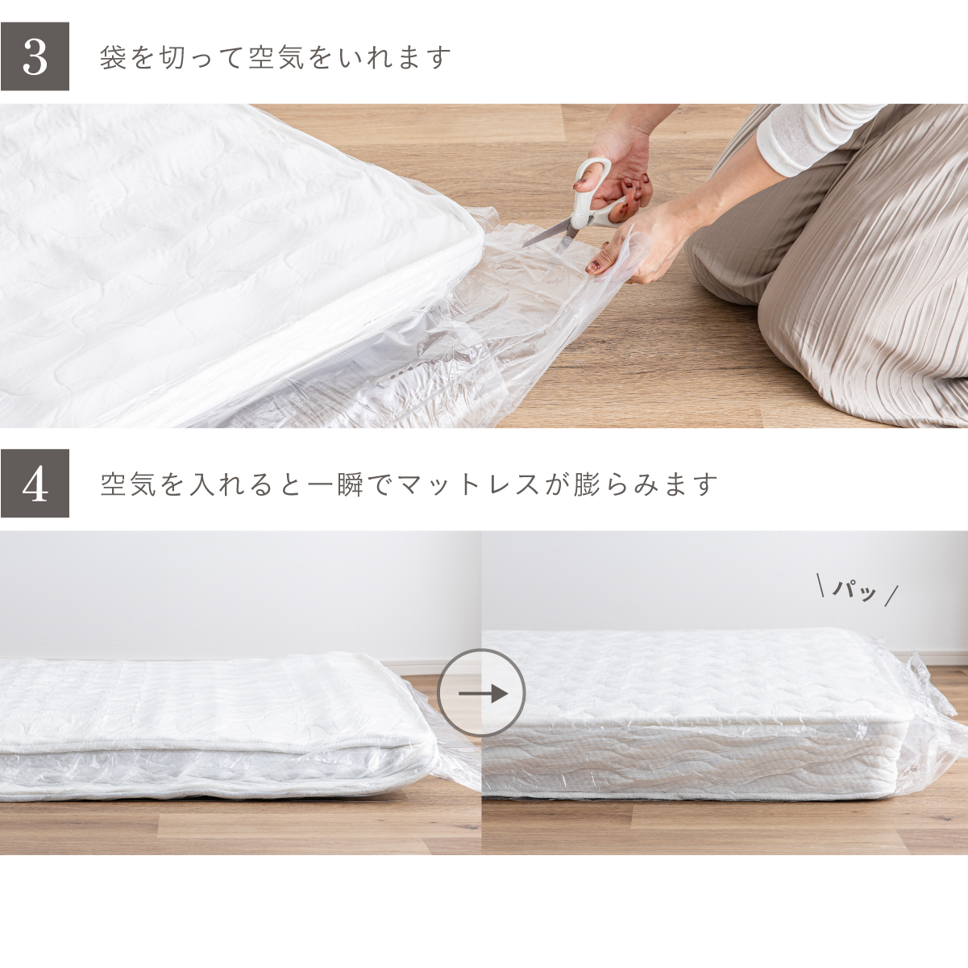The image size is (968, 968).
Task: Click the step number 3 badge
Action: coord(35,56)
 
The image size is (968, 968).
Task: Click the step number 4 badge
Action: coord(35,484)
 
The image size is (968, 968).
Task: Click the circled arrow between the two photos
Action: coord(481,694)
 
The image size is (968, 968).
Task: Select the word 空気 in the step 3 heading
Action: coord(277,58)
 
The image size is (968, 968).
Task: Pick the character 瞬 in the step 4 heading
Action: coord(351,484)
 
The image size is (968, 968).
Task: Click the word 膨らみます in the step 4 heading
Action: coord(646,484)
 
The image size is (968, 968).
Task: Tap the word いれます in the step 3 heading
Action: coord(396,58)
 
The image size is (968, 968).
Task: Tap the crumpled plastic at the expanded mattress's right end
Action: coord(934,723)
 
